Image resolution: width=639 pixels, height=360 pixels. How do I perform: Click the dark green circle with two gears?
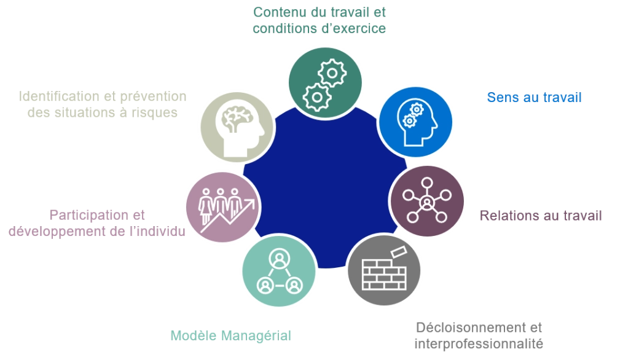325,83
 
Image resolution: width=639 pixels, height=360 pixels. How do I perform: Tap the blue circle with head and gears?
416,122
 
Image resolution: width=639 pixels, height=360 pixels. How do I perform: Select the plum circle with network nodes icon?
427,201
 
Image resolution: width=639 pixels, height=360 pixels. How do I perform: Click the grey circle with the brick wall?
384,270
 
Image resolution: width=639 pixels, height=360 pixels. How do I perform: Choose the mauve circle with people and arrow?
223,207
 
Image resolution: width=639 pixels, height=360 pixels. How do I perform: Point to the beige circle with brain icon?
238,127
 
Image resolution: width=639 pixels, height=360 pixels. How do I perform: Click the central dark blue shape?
325,187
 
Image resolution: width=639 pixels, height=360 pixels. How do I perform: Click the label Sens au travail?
535,97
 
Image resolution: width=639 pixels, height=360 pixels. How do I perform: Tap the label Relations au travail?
541,216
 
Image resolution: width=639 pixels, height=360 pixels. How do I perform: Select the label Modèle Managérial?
230,335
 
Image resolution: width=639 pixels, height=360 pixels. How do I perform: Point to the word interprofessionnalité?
479,343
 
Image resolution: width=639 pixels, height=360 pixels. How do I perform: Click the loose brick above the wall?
399,252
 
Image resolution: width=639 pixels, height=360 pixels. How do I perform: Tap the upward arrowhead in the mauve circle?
251,203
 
